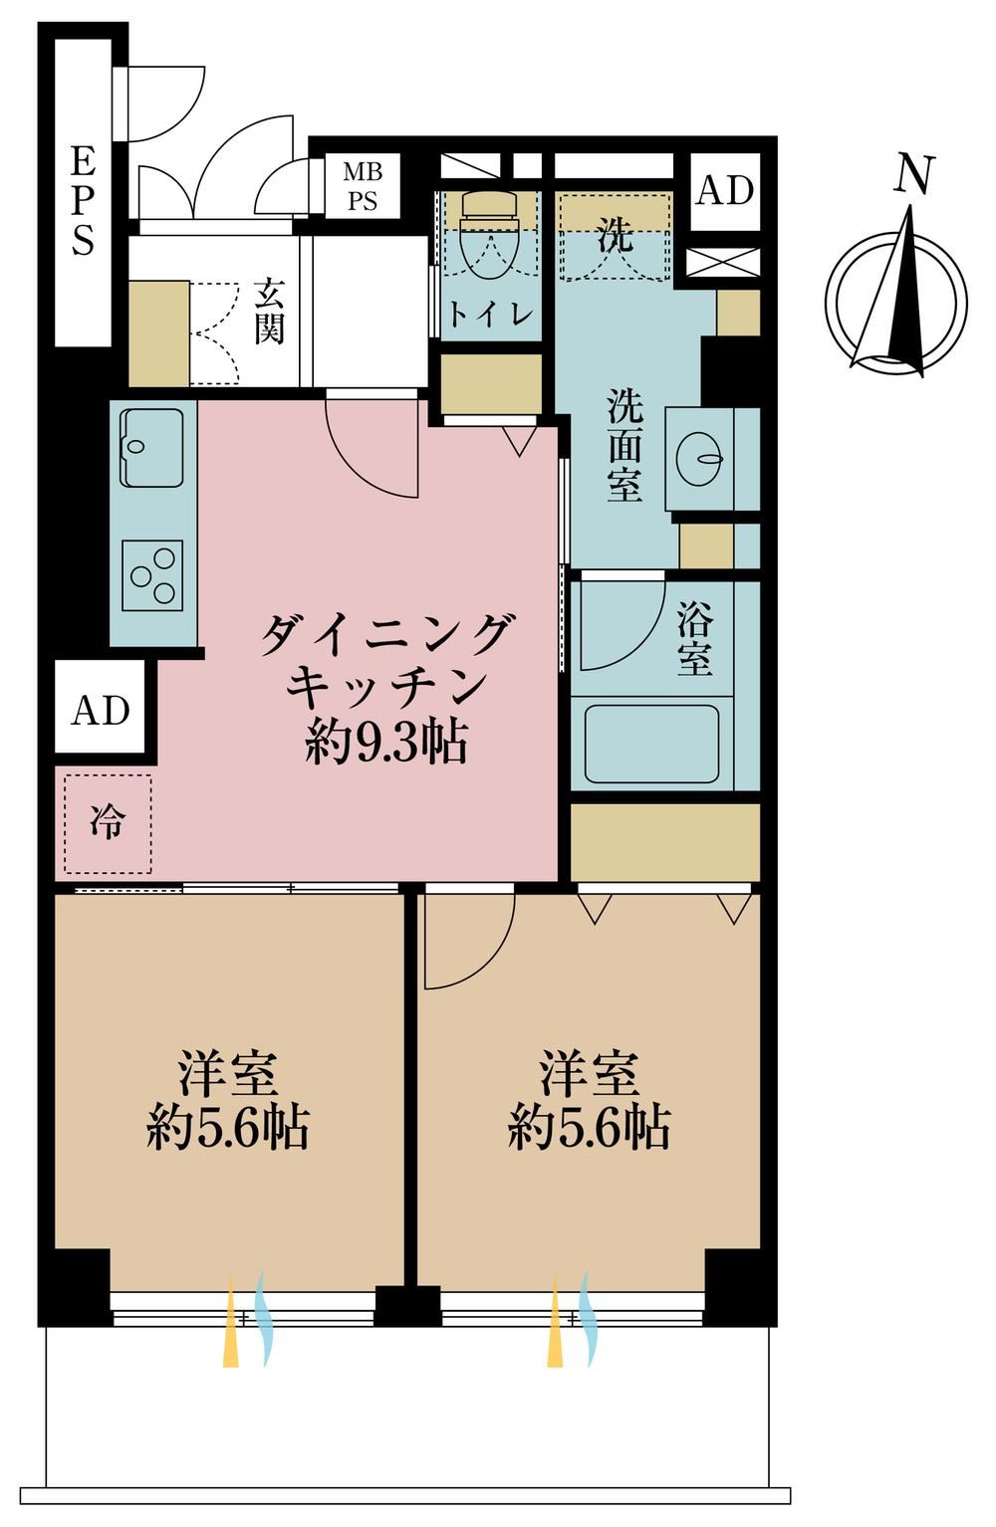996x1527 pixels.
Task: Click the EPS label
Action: (82, 202)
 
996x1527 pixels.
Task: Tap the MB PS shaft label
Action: (363, 186)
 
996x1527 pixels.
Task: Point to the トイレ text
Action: (490, 314)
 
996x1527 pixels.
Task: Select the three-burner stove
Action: (152, 575)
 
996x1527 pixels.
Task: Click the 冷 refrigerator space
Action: (108, 823)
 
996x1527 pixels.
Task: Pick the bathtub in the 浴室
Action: (651, 743)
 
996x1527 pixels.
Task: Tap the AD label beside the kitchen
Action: (101, 711)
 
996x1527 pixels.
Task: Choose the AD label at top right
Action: (724, 191)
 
